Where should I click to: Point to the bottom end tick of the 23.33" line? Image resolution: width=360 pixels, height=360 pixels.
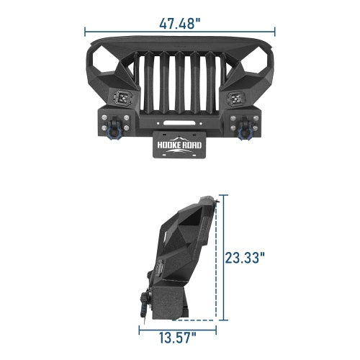(224, 319)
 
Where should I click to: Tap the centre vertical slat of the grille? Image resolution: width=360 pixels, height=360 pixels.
(180, 83)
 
